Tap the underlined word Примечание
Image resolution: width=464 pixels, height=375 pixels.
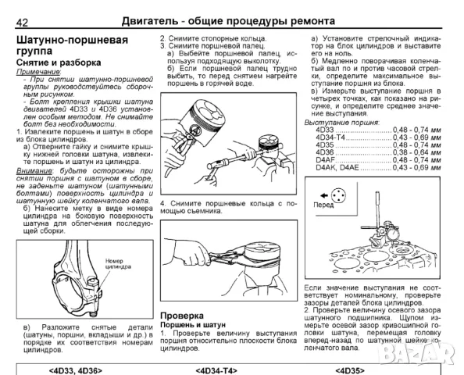click(38, 72)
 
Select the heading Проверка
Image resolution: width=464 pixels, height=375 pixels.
click(182, 293)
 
